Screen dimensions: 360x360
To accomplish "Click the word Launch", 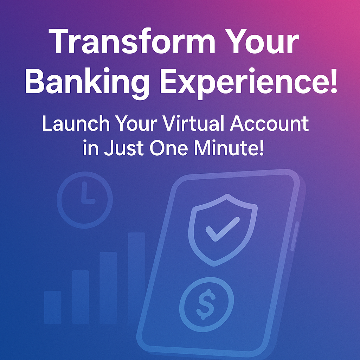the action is pos(76,124).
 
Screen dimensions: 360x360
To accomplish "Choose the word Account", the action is pos(269,124).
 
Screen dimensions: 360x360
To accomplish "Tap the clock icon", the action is pos(84,200).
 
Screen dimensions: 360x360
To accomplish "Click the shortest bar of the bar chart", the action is pos(53,307).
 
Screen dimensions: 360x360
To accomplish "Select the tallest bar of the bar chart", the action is pos(136,278).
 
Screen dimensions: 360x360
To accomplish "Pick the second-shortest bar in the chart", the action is pos(81,297).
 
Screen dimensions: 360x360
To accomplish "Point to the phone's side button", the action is pos(295,236).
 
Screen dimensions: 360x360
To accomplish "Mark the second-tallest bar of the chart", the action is pos(108,288).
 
